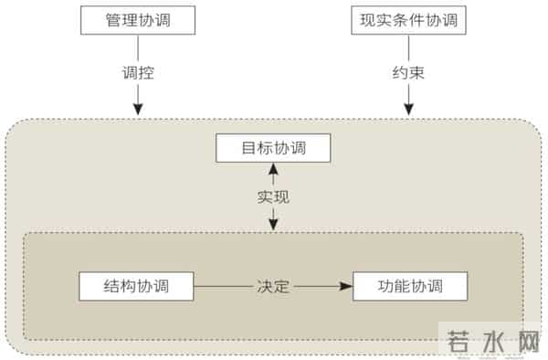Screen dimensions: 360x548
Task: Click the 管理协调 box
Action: (x=137, y=20)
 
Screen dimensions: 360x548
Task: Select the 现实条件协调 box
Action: (x=409, y=20)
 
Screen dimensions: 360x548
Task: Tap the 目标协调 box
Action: (x=273, y=148)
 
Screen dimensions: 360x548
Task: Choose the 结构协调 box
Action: (x=137, y=286)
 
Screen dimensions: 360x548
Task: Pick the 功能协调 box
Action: (x=409, y=286)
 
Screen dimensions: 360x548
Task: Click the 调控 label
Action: (x=137, y=71)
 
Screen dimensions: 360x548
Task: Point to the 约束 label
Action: (x=409, y=71)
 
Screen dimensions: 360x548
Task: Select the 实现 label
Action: (x=273, y=196)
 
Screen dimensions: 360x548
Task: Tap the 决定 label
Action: (x=273, y=287)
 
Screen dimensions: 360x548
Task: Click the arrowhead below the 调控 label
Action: (x=137, y=110)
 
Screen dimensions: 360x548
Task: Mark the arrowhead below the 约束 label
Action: (x=409, y=110)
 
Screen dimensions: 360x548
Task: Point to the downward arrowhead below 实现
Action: (x=273, y=225)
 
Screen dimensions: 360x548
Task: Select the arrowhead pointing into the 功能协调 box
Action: (x=346, y=287)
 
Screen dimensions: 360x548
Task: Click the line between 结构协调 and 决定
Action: (x=224, y=287)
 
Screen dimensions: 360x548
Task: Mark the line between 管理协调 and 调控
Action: (x=137, y=47)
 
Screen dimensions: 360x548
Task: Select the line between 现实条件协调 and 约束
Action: (x=409, y=47)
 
